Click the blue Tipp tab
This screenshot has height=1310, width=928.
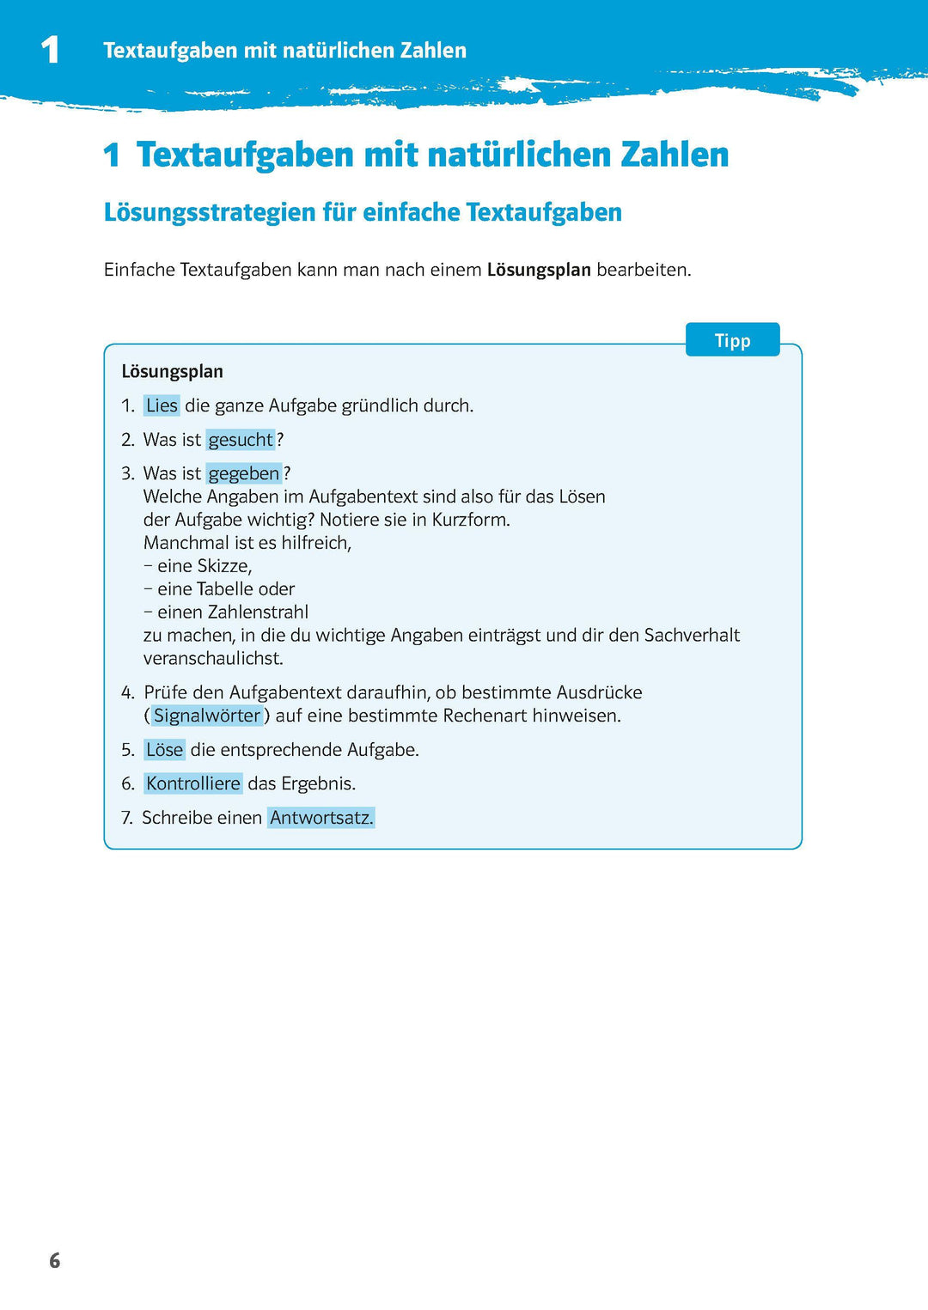coord(732,340)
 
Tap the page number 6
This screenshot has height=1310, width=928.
coord(55,1260)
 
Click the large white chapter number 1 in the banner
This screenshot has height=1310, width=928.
coord(50,50)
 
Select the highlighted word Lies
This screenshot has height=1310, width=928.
coord(162,405)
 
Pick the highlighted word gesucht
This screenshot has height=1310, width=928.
coord(241,440)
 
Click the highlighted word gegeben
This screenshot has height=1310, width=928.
coord(244,473)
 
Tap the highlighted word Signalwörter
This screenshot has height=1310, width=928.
coord(207,716)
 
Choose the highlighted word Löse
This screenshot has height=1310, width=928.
coord(164,750)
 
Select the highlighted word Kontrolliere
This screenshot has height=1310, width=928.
coord(193,783)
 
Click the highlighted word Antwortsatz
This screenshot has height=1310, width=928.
coord(321,818)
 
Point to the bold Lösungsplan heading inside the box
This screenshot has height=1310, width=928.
coord(172,372)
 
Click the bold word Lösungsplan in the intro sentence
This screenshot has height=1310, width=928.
coord(539,270)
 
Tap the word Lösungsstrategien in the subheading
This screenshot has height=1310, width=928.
coord(210,212)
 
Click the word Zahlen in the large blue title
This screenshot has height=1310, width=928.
coord(674,155)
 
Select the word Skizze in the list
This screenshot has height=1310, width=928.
coord(223,566)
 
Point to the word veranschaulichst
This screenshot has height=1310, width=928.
coord(213,659)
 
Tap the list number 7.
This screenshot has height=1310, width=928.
coord(126,818)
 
